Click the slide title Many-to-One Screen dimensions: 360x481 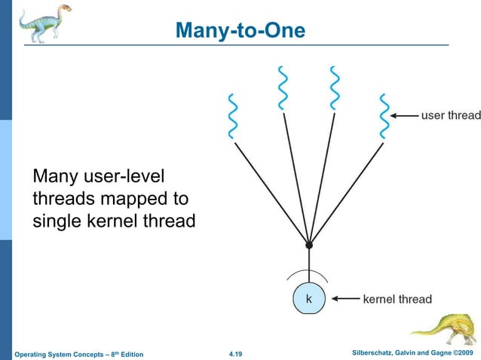click(x=240, y=31)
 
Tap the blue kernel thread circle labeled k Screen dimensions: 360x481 click(x=308, y=299)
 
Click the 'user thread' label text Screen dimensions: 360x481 click(x=450, y=115)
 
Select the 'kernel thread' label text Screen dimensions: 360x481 click(x=397, y=299)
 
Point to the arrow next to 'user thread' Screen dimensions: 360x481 click(x=406, y=116)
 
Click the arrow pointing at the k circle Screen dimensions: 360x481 click(x=345, y=299)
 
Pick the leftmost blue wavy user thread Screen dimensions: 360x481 click(x=233, y=117)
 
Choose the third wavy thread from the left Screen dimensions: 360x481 click(x=334, y=89)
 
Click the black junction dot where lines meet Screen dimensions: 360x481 click(x=308, y=246)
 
